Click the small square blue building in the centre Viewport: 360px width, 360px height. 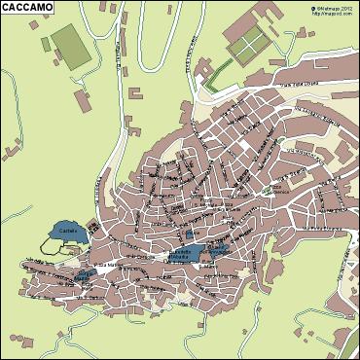pyautogui.click(x=189, y=235)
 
